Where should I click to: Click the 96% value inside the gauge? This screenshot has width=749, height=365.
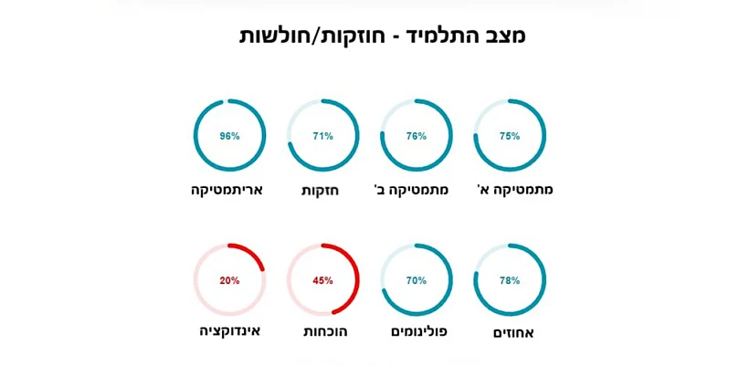(229, 136)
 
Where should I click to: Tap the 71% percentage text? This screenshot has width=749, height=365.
(322, 136)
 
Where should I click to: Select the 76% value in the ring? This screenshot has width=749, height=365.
(416, 136)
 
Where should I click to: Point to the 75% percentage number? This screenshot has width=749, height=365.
(509, 136)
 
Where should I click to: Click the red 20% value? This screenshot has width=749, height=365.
(229, 280)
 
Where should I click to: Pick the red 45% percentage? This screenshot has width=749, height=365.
(322, 280)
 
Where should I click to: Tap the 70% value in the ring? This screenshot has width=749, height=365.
(416, 280)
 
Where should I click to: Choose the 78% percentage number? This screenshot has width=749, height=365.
(509, 280)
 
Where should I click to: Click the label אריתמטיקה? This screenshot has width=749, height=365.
(227, 190)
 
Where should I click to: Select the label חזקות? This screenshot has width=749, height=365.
(321, 190)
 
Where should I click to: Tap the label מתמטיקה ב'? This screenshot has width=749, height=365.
(412, 190)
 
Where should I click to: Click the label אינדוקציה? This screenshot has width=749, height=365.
(230, 330)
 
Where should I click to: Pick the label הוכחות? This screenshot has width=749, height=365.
(325, 331)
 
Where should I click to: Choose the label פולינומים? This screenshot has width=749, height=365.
(419, 331)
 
